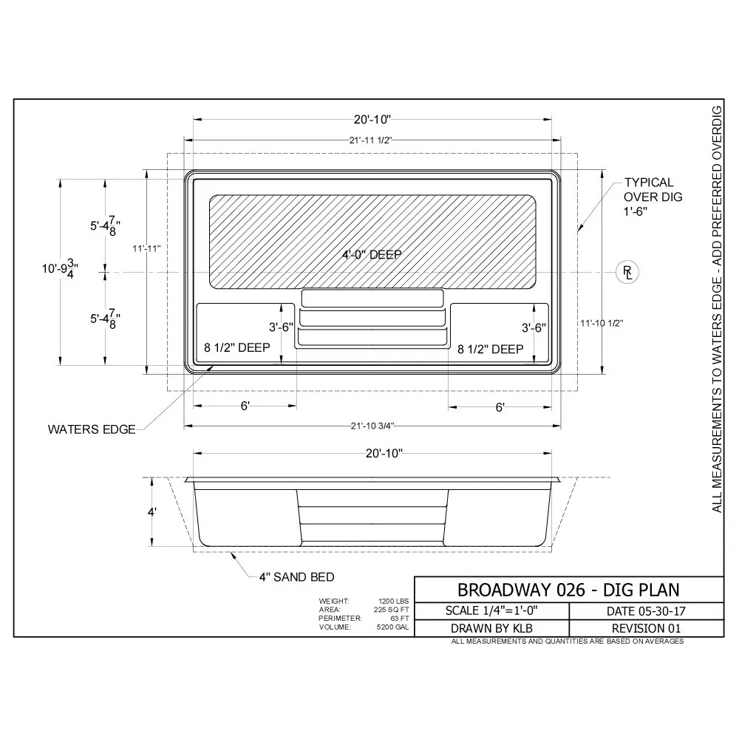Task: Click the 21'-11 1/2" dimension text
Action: point(370,140)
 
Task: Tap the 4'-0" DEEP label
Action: point(372,255)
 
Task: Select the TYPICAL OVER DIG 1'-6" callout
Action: point(653,197)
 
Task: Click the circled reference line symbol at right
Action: point(627,273)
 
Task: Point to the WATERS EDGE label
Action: point(92,429)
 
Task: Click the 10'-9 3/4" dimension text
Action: point(60,269)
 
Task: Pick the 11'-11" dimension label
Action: point(146,248)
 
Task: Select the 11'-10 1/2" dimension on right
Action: point(602,323)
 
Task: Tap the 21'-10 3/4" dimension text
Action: point(372,426)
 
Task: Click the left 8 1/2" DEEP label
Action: point(237,347)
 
